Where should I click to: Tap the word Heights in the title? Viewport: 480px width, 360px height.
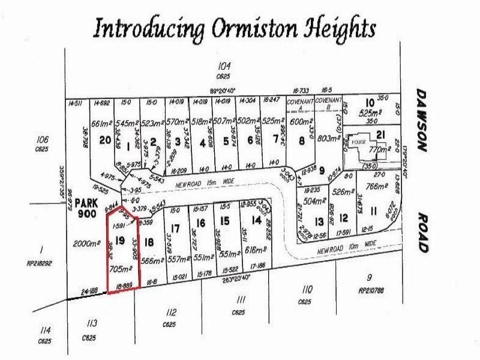(340, 29)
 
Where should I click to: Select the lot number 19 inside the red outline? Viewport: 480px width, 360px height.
(120, 241)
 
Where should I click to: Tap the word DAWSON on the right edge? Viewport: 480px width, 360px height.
(422, 121)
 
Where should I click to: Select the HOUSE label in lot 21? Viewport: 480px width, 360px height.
(359, 142)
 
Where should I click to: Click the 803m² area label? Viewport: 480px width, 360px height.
(329, 138)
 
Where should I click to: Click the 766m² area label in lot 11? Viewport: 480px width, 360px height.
(376, 187)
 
